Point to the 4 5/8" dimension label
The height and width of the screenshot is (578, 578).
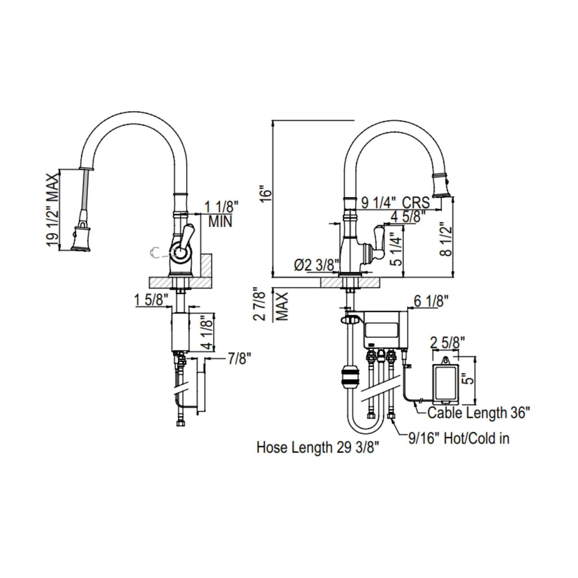pos(408,216)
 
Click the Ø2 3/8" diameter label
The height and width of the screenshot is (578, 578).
pos(317,265)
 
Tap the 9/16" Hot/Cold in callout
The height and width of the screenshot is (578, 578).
pos(459,439)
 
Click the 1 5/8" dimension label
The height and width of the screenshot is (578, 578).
pos(151,300)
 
